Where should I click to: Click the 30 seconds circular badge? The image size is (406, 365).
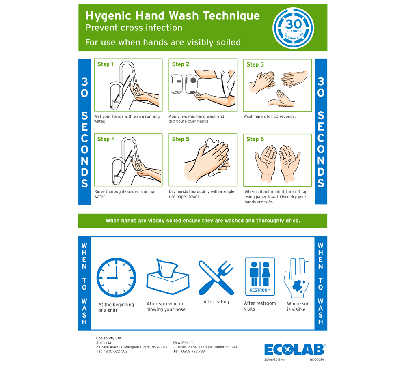(293, 28)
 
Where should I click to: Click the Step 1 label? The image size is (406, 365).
(106, 64)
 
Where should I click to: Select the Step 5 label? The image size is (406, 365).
(181, 139)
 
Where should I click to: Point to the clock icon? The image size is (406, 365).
(116, 277)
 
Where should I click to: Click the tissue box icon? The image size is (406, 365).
(168, 276)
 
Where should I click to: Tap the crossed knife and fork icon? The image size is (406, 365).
(216, 278)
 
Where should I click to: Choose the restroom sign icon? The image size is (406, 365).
(260, 276)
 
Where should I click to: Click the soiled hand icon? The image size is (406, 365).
(297, 277)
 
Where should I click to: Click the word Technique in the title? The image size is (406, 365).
(231, 16)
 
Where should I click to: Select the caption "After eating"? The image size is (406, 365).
(216, 302)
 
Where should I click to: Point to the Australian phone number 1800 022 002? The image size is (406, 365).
(116, 351)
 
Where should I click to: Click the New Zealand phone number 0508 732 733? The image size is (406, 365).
(193, 351)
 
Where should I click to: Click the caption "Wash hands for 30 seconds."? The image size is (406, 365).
(269, 116)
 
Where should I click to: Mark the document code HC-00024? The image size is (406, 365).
(317, 359)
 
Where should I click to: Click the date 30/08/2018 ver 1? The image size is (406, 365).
(276, 359)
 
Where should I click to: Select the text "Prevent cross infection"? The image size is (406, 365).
(134, 28)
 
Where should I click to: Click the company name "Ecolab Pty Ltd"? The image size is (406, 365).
(108, 338)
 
